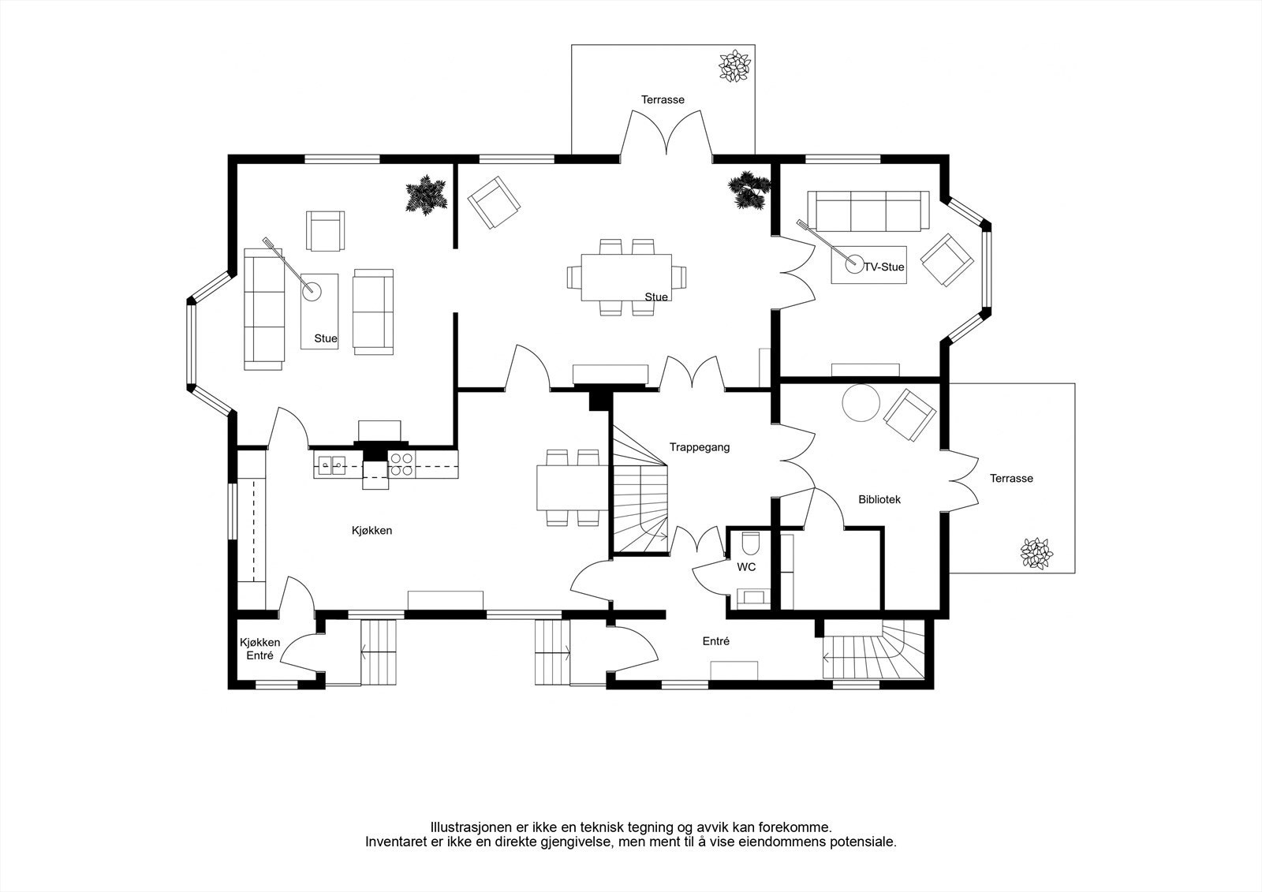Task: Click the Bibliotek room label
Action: coord(879,499)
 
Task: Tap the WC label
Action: coord(746,567)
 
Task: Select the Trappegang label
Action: coord(699,447)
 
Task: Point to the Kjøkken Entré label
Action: coord(259,648)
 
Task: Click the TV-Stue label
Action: coord(884,267)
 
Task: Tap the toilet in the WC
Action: coord(750,543)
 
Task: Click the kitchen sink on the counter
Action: coord(331,465)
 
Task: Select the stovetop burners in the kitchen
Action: coord(401,465)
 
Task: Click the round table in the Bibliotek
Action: coord(861,402)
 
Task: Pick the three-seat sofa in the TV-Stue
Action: coord(868,211)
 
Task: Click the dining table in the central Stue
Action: coord(626,278)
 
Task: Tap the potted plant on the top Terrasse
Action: coord(734,66)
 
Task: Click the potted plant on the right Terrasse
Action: coord(1036,553)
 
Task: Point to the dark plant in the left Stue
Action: coord(427,195)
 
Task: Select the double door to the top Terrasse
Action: coord(666,133)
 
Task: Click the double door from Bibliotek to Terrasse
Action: coord(964,480)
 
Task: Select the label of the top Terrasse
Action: coord(663,99)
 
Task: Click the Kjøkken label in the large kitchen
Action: coord(372,530)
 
